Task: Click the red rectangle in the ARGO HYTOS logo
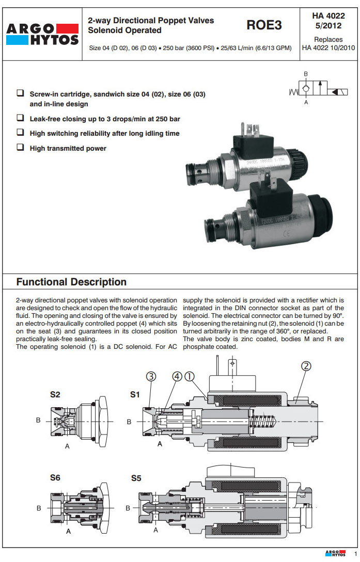(x=65, y=27)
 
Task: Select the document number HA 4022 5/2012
(x=327, y=21)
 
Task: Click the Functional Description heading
(x=71, y=282)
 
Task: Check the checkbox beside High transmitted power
(x=20, y=148)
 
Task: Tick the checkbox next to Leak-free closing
(x=20, y=118)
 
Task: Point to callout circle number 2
(x=306, y=366)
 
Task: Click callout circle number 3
(x=151, y=377)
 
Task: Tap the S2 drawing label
(x=55, y=395)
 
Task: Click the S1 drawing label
(x=135, y=395)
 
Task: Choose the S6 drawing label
(x=55, y=478)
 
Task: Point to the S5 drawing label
(x=136, y=478)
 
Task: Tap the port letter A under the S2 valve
(x=67, y=446)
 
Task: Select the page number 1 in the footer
(x=356, y=554)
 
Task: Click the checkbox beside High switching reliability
(x=20, y=133)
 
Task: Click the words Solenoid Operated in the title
(x=124, y=30)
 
